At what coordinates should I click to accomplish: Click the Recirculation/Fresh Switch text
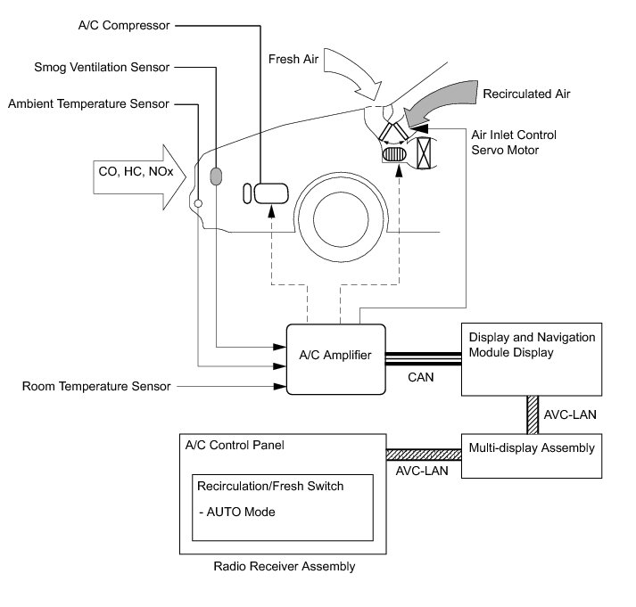pyautogui.click(x=270, y=487)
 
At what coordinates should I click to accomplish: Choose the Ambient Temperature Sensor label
pyautogui.click(x=88, y=103)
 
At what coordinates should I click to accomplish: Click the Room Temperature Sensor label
pyautogui.click(x=95, y=387)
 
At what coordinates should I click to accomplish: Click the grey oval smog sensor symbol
pyautogui.click(x=215, y=176)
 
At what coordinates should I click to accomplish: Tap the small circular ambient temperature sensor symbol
pyautogui.click(x=198, y=203)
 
